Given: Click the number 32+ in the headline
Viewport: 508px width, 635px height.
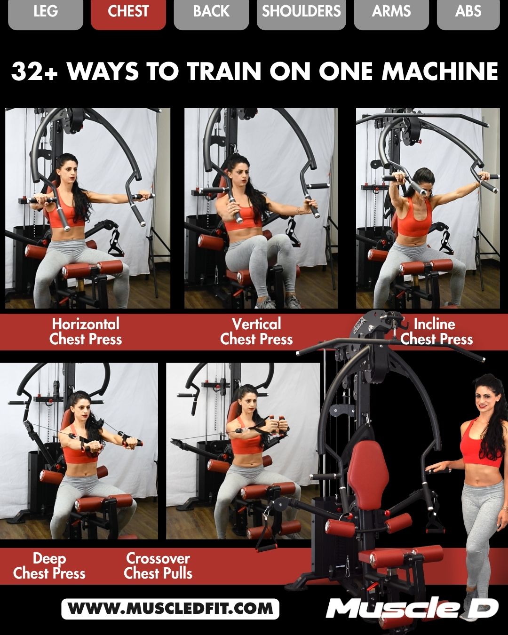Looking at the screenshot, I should (x=34, y=72).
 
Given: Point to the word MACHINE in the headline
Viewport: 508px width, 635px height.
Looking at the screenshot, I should (x=440, y=72).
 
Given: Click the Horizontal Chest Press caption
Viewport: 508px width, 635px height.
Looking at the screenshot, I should (x=86, y=332).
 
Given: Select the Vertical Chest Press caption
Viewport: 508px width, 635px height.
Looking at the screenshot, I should (x=256, y=332).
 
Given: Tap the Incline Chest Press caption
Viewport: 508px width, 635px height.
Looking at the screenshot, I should (x=436, y=332).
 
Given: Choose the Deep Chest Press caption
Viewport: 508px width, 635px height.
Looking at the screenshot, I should (x=49, y=566).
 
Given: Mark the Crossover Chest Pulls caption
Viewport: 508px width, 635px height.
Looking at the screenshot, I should (x=158, y=566).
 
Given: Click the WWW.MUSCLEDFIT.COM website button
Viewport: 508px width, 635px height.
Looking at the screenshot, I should (x=170, y=609).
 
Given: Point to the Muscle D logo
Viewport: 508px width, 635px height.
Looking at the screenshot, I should (x=412, y=608).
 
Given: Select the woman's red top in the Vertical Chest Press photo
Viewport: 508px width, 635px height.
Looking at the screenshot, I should (x=240, y=217).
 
